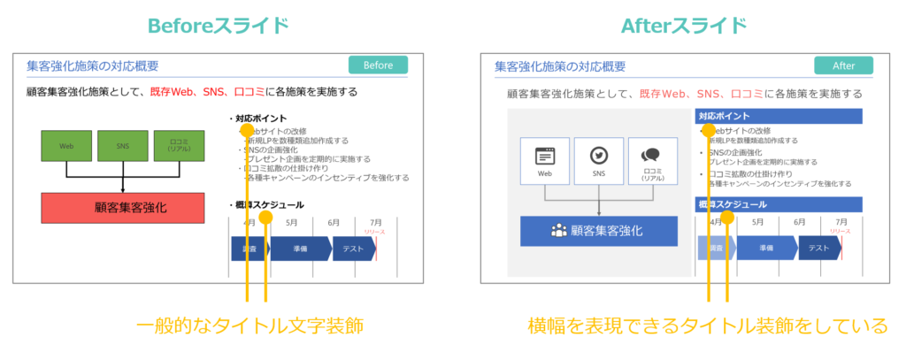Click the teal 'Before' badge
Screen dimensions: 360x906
[378, 65]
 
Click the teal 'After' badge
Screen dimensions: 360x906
[843, 65]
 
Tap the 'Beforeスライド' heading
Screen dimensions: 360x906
[218, 25]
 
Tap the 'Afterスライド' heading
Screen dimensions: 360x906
[685, 25]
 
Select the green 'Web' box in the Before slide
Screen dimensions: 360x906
[66, 146]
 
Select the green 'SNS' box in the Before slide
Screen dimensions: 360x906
[122, 146]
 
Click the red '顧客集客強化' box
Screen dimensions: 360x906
[123, 208]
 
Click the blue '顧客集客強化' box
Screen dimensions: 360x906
[598, 231]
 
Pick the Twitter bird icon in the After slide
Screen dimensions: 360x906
[601, 156]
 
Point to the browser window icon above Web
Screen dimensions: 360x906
[545, 156]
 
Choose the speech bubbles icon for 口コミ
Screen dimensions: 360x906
[652, 155]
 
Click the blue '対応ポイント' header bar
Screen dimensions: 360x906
[779, 116]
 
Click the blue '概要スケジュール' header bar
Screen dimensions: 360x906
[779, 204]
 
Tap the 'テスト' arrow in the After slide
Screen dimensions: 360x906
[818, 249]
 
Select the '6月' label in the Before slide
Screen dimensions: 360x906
[333, 222]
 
